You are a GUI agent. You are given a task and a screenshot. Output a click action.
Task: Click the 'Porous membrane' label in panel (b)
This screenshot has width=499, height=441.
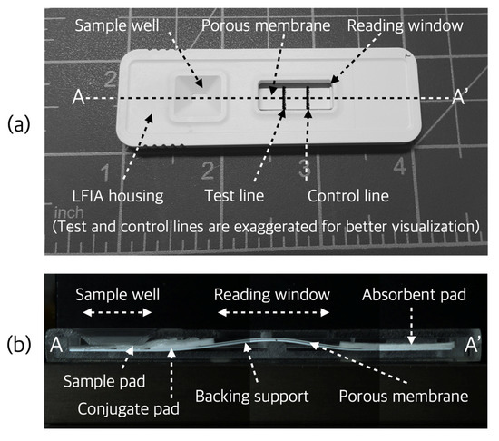[x=404, y=397]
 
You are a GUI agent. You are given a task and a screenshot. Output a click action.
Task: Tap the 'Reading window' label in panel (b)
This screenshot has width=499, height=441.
[x=270, y=295]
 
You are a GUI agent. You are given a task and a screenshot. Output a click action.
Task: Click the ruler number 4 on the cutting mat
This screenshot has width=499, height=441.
[x=398, y=166]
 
